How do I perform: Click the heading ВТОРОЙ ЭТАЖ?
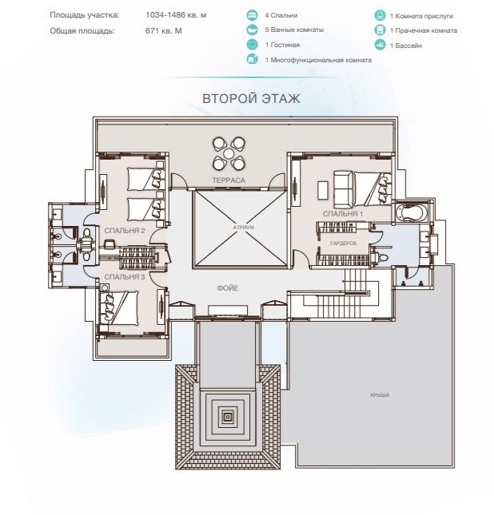coord(251,98)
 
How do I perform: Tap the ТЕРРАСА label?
coord(229,180)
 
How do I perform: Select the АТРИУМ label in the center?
coord(243,227)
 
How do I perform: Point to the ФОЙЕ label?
coord(228,288)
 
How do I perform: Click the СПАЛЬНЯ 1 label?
coord(343,214)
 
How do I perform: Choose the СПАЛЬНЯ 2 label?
coord(125,231)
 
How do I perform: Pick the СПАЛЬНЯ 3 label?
coord(125,277)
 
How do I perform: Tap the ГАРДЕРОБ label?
coord(343,243)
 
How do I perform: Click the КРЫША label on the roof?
coord(380,394)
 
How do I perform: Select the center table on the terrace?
coord(229,153)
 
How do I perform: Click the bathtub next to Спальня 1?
coord(411,212)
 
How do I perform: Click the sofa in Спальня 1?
coord(344,188)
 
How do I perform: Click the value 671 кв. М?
coord(163,31)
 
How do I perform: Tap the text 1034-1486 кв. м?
coord(176,15)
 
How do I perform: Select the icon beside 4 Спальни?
coord(253,15)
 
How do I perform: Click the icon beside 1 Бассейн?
coord(380,45)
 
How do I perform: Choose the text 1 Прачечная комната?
coord(424,30)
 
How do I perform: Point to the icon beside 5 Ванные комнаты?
coord(253,30)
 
